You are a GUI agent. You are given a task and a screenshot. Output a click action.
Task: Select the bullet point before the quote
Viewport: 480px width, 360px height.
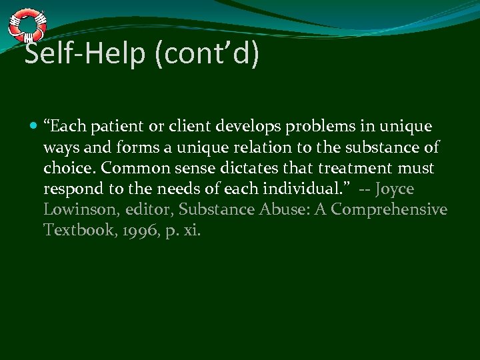33,127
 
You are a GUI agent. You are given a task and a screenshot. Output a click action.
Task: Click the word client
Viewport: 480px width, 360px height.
192,126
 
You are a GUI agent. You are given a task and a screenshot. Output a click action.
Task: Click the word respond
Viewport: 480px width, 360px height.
70,189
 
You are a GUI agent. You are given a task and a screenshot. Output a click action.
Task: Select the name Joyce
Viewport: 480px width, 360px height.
395,189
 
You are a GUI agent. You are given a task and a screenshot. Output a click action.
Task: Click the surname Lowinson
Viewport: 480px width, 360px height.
74,210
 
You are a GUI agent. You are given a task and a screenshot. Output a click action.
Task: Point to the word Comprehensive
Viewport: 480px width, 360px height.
389,210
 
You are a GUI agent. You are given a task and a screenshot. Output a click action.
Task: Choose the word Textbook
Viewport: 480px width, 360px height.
71,231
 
